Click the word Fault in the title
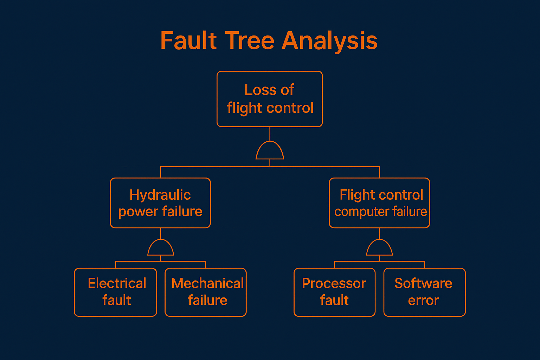[x=188, y=40]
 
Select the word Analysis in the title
[x=329, y=41]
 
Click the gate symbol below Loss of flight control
[x=270, y=159]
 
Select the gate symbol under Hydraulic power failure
[x=161, y=255]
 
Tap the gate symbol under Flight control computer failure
[x=379, y=255]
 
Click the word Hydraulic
[x=160, y=195]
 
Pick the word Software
[x=423, y=283]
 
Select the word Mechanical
[x=207, y=283]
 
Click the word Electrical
[x=117, y=283]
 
